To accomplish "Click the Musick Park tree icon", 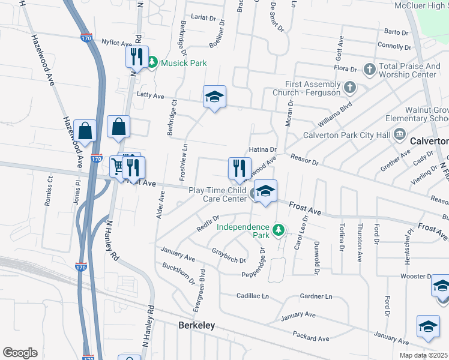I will pos(152,62).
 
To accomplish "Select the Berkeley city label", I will pos(197,325).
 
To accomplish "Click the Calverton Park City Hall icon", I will pos(400,134).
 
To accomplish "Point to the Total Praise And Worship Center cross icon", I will pos(369,70).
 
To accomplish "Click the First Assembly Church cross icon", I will pos(349,89).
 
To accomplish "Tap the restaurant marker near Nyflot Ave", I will pos(136,58).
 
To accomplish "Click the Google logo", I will pos(20,353).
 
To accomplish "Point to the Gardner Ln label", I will pos(316,296).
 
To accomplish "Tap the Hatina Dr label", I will pos(262,149).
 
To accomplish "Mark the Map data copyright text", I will pos(424,355).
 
